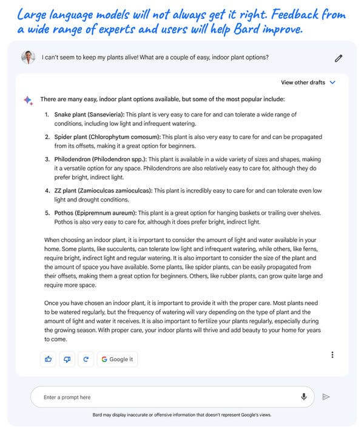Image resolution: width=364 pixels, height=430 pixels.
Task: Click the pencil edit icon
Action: (x=338, y=58)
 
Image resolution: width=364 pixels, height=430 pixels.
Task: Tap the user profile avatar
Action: (x=29, y=58)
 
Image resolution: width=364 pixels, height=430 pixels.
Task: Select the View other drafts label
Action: (x=303, y=82)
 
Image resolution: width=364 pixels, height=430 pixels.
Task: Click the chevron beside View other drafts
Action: (x=332, y=82)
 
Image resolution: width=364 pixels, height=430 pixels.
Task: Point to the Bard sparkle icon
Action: (x=29, y=100)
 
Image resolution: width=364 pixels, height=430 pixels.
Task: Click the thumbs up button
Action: (x=49, y=359)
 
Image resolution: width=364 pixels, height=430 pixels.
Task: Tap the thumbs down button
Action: (x=67, y=359)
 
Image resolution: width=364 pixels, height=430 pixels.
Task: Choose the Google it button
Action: (x=117, y=359)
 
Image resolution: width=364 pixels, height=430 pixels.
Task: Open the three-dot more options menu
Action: (x=332, y=355)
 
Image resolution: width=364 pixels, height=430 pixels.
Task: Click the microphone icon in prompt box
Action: (x=303, y=397)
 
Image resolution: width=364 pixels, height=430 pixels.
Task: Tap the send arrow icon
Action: (x=326, y=397)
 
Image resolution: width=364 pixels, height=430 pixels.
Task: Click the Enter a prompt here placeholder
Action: (x=67, y=397)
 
